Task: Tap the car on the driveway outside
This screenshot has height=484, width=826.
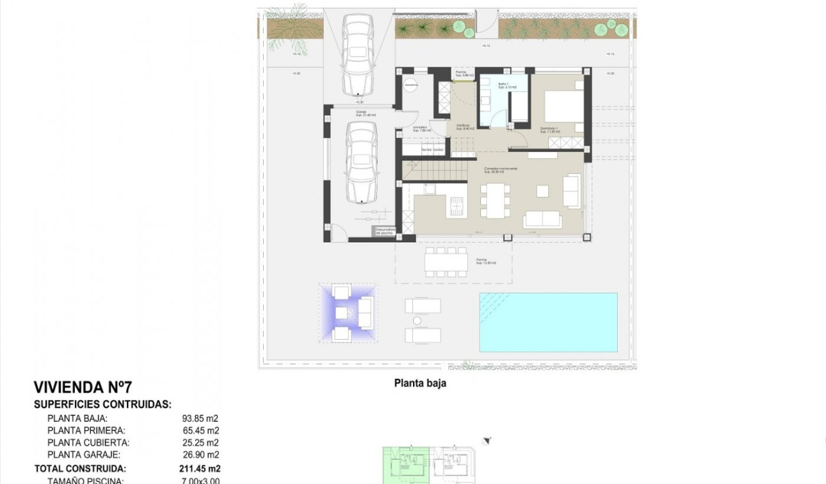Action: [x=357, y=54]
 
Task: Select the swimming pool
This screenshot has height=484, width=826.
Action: [x=548, y=322]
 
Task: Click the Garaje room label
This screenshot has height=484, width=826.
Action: [x=362, y=113]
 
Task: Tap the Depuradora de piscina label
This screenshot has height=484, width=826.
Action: [x=384, y=231]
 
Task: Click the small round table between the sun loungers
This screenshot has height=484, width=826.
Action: [x=417, y=321]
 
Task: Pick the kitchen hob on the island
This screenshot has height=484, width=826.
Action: [x=457, y=206]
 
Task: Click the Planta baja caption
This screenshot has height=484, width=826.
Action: [x=419, y=383]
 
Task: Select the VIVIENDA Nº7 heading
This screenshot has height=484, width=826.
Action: [x=83, y=387]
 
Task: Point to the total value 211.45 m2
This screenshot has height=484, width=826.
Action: [x=199, y=469]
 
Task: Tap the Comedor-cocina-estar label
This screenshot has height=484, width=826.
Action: [x=500, y=169]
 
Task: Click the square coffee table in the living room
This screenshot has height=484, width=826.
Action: [x=542, y=190]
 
